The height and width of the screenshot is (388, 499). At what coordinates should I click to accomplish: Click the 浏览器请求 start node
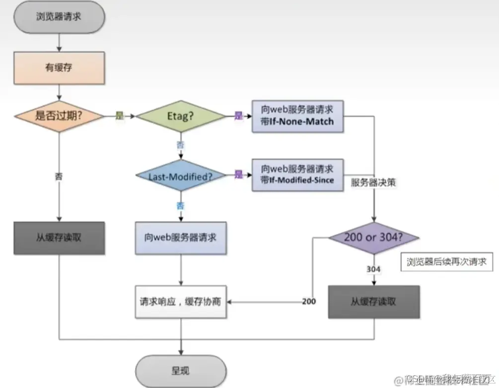(59, 16)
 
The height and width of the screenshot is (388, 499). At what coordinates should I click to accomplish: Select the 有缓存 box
(59, 68)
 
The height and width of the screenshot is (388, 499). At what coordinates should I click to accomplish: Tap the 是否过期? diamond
(59, 116)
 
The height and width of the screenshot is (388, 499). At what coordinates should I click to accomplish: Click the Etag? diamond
(181, 116)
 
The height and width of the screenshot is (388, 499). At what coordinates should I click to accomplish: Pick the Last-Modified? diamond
(181, 175)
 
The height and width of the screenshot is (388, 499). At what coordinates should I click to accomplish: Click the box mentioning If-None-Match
(297, 116)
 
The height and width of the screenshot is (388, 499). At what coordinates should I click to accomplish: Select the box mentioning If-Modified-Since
(297, 175)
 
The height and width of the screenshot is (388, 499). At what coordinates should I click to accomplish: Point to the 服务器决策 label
(373, 182)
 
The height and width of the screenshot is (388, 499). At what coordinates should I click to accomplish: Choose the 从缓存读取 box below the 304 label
(374, 302)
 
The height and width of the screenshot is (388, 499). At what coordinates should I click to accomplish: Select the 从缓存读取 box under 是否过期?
(59, 238)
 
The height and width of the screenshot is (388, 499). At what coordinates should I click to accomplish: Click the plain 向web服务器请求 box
(181, 238)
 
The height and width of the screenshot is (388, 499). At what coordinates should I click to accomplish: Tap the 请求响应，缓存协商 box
(181, 302)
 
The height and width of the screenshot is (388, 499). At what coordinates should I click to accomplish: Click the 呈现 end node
(181, 371)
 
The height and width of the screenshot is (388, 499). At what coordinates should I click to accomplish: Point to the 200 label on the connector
(309, 302)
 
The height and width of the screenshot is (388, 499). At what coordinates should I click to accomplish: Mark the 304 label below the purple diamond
(373, 269)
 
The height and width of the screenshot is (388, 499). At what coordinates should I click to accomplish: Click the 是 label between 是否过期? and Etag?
(119, 116)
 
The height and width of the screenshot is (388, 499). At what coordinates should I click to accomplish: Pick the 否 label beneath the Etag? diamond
(181, 145)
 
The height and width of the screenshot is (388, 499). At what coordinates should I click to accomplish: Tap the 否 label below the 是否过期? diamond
(59, 176)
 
